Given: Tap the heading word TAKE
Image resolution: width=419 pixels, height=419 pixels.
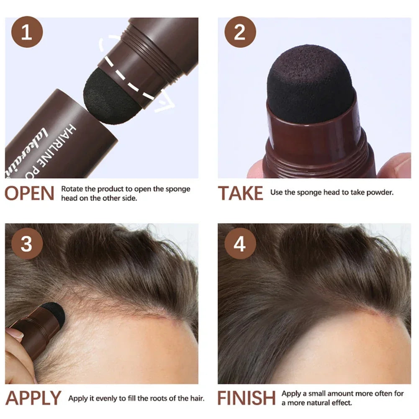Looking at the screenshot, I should (x=241, y=193).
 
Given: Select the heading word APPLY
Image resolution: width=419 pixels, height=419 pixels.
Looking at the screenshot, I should (x=33, y=398).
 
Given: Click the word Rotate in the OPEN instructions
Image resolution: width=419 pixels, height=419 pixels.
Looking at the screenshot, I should (x=72, y=189).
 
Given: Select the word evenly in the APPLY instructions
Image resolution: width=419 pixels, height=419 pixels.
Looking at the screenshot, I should (x=107, y=398).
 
